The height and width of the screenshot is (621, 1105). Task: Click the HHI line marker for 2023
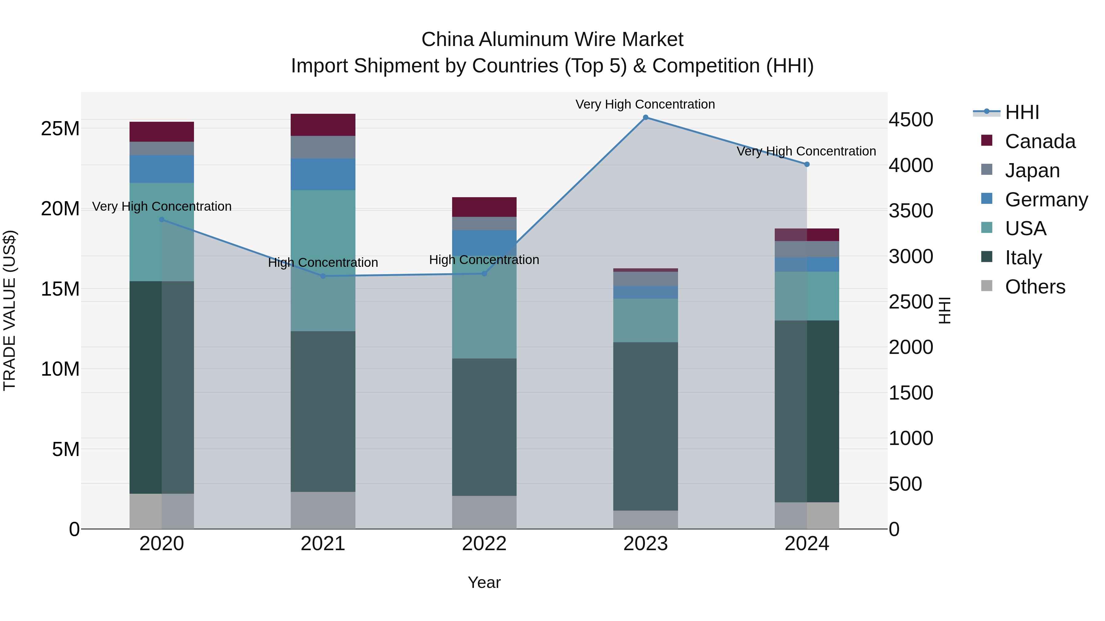point(645,117)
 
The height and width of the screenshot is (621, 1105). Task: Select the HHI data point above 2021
point(323,276)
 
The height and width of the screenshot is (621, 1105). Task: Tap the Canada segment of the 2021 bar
point(323,125)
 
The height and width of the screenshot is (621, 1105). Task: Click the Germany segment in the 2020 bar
point(162,169)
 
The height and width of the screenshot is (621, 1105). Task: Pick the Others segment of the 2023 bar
point(645,519)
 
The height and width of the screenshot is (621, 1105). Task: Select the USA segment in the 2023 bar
point(645,320)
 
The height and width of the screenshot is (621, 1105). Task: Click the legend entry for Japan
point(1032,170)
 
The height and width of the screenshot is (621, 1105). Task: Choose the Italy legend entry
point(1023,258)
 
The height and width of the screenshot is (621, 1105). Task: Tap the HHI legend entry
point(1022,112)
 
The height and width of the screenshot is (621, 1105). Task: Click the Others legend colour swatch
point(987,286)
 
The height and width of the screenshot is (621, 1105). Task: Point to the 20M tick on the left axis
point(60,209)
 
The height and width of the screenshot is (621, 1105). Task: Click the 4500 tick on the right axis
point(910,120)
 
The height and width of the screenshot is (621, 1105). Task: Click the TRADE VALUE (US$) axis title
point(10,310)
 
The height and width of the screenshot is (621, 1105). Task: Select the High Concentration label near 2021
point(323,262)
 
